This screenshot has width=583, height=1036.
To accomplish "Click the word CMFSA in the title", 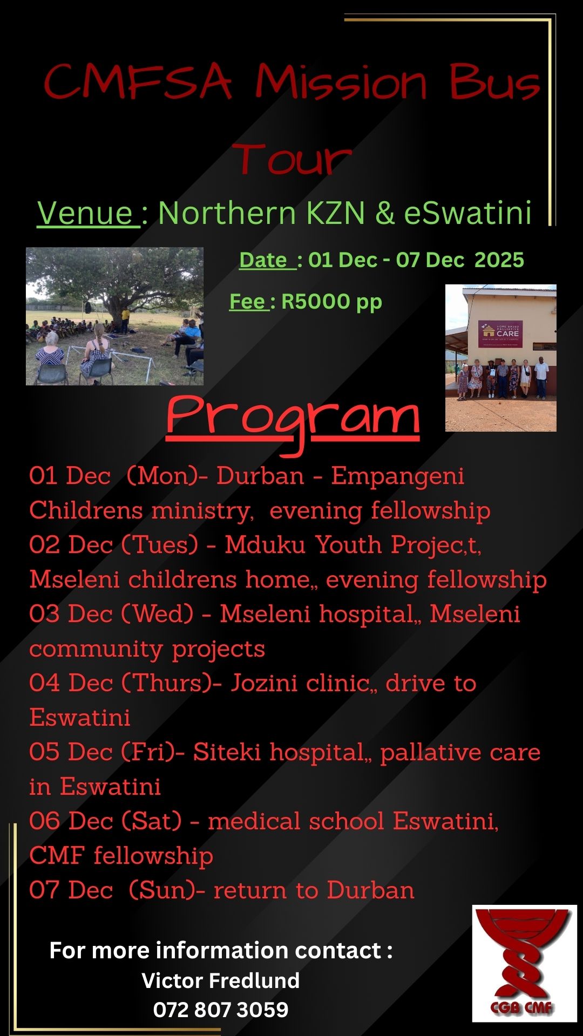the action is (x=138, y=81).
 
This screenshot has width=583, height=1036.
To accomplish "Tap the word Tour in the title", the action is (x=292, y=159).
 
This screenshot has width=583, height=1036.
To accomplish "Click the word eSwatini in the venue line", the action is (x=468, y=213).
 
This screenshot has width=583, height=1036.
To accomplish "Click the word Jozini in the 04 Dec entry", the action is (x=265, y=683).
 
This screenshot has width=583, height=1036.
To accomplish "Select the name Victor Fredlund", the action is (x=220, y=980).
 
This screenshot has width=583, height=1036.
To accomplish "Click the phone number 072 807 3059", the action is (x=221, y=1010).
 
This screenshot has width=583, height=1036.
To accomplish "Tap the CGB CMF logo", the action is (x=525, y=964).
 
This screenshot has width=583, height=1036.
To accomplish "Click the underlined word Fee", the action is (x=248, y=301).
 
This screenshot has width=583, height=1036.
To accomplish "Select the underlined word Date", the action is (x=267, y=260).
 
